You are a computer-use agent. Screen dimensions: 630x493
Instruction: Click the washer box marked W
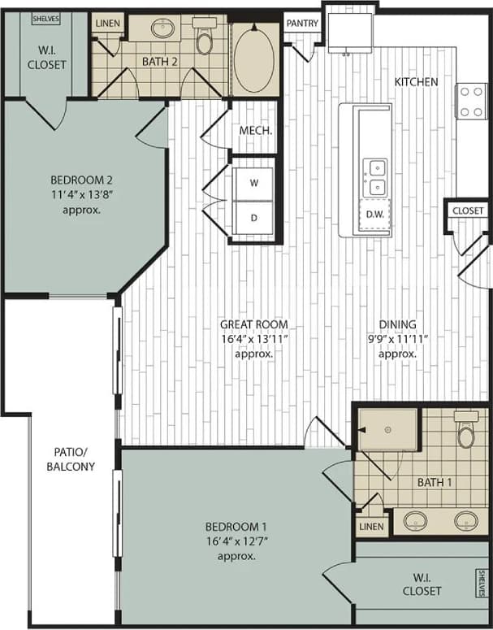(x=253, y=184)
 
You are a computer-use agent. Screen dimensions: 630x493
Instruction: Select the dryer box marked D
(x=253, y=218)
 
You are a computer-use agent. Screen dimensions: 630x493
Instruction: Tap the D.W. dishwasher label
(x=374, y=215)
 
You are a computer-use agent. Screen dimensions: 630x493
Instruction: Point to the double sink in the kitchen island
(x=374, y=178)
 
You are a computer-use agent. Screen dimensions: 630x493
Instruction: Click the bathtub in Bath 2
(x=254, y=57)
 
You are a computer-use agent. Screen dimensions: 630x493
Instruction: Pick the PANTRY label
(x=302, y=24)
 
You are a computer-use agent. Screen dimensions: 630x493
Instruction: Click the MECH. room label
(x=254, y=130)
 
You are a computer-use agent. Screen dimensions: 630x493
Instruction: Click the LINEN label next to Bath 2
(x=107, y=23)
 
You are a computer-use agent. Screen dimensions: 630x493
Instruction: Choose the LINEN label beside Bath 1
(x=372, y=527)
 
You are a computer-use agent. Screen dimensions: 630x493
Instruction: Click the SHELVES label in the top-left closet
(x=45, y=17)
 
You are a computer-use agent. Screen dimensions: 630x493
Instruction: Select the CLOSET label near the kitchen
(x=468, y=211)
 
